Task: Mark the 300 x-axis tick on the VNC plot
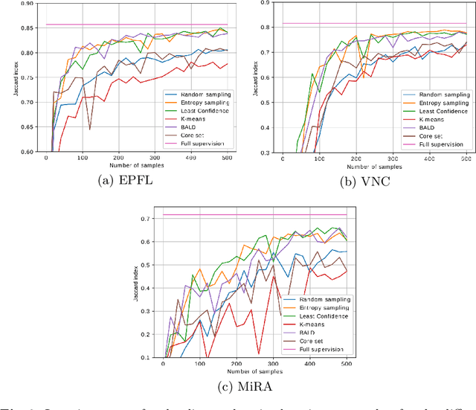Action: pos(393,158)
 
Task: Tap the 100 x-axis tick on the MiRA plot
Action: pos(200,363)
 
